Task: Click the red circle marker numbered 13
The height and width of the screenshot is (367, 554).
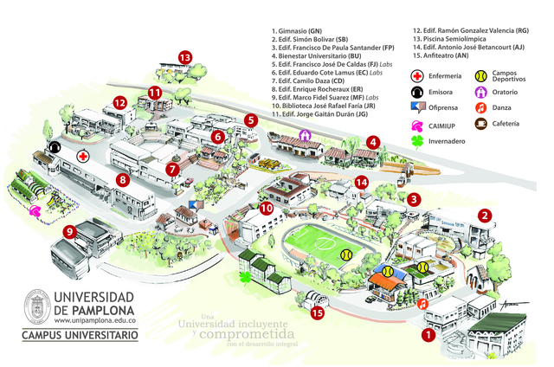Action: (x=184, y=57)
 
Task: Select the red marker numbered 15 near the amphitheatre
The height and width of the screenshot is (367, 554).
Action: (x=319, y=313)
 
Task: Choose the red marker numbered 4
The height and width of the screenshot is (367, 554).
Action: (x=373, y=142)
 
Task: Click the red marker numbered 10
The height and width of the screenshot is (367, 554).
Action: (x=267, y=208)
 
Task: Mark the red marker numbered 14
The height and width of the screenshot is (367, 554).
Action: (x=362, y=182)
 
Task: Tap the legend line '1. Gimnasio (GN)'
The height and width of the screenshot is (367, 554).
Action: (x=304, y=30)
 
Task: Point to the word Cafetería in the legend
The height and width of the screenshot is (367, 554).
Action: (x=506, y=124)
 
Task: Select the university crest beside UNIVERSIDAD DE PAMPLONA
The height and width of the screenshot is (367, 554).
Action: (x=35, y=306)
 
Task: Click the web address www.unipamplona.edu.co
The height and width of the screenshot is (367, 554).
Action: (x=95, y=320)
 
